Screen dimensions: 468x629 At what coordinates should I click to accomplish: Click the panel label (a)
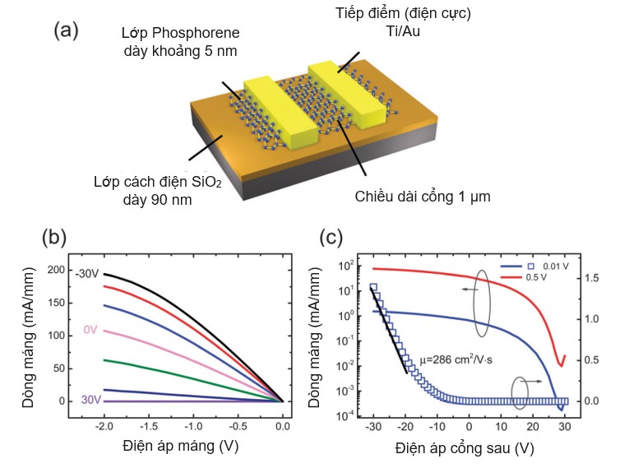click(x=66, y=30)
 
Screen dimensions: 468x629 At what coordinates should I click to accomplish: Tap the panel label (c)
click(x=331, y=238)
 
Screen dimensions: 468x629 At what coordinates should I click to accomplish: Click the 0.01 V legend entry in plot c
click(x=545, y=266)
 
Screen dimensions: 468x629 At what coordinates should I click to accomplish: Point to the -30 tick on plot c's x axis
click(x=373, y=428)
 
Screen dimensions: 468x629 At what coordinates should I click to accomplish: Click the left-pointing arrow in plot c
click(x=470, y=290)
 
